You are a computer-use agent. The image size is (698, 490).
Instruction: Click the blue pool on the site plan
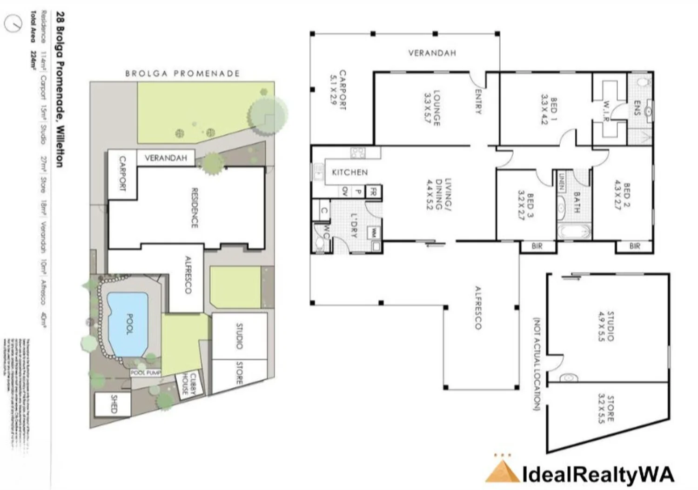[x=127, y=324]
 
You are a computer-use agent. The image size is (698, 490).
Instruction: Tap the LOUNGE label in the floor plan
[x=436, y=108]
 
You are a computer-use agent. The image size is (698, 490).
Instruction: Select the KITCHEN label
[x=349, y=172]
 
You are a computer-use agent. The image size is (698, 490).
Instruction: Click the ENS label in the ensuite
[x=637, y=108]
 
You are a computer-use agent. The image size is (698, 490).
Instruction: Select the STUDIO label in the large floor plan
[x=611, y=326]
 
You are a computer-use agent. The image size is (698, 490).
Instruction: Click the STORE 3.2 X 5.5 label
[x=606, y=409]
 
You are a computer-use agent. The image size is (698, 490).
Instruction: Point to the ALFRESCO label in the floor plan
[x=477, y=307]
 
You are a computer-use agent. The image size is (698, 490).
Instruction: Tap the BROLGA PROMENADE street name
[x=182, y=73]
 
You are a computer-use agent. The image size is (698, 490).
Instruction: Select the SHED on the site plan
[x=113, y=404]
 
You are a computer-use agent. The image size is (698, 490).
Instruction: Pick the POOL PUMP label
[x=145, y=373]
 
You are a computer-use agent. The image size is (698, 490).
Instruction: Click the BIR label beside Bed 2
[x=635, y=246]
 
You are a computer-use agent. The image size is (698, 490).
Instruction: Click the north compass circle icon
[x=13, y=23]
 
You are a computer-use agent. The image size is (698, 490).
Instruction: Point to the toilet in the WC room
[x=320, y=244]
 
